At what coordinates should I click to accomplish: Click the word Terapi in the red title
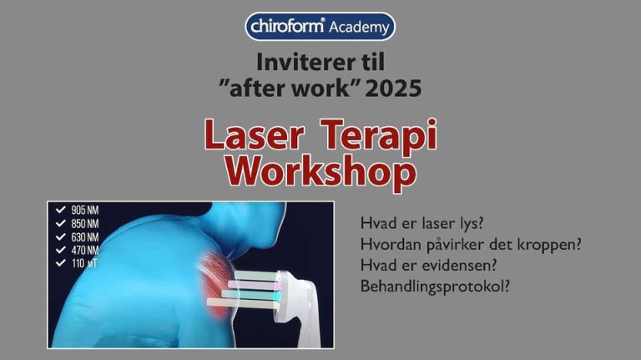pyautogui.click(x=385, y=137)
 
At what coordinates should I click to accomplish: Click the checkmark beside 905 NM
pyautogui.click(x=60, y=210)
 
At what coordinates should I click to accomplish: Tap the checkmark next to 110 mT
pyautogui.click(x=60, y=262)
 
